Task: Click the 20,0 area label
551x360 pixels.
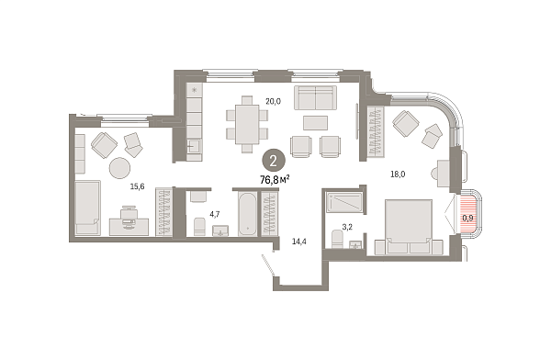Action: point(273,102)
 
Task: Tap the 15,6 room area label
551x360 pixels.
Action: point(138,186)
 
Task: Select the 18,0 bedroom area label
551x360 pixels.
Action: point(398,174)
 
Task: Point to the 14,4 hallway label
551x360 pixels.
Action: point(299,242)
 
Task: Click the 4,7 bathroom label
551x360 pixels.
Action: point(215,215)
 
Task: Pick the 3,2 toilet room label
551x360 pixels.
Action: point(347,227)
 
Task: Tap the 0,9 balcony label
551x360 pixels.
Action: point(467,218)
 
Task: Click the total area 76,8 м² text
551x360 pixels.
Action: point(275,180)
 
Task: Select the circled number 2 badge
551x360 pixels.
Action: point(274,161)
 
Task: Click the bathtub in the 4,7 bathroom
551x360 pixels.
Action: point(247,214)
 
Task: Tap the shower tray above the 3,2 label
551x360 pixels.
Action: point(344,202)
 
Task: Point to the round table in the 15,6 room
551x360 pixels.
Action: point(119,168)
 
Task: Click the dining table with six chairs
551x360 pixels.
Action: point(247,125)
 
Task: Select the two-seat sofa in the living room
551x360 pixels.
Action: point(316,97)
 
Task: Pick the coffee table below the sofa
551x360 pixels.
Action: point(316,123)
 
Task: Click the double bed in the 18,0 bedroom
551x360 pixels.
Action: point(409,227)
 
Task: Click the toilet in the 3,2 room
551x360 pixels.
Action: point(337,239)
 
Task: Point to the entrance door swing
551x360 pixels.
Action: point(268,264)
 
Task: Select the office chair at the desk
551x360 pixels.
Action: point(129,215)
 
